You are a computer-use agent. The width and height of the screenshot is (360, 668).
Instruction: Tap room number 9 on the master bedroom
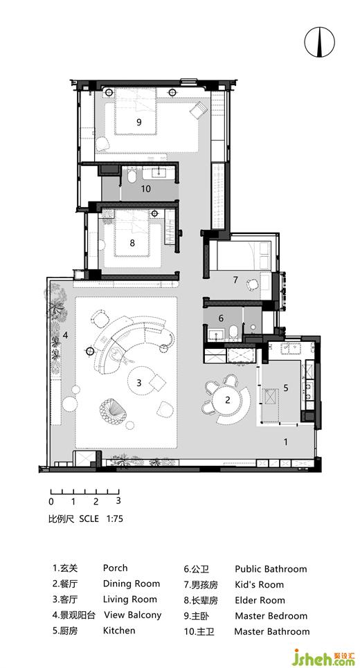point(139,123)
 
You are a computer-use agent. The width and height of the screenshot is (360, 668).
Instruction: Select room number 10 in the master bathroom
point(145,188)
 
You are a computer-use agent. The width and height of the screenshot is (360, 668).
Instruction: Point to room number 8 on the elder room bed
point(132,243)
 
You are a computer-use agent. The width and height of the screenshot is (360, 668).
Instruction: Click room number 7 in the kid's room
point(235,280)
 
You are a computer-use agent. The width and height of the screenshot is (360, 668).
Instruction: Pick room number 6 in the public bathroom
point(221,318)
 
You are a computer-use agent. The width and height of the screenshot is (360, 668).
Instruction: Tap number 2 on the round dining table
point(228,399)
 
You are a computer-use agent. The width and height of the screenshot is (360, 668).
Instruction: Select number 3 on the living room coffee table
point(139,383)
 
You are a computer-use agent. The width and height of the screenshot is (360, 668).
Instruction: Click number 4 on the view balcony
point(65,335)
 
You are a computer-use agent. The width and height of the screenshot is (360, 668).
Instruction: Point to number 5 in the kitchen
point(286,388)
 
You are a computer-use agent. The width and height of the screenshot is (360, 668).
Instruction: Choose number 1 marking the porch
point(286,442)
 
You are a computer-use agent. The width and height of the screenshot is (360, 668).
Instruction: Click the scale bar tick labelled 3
point(118,500)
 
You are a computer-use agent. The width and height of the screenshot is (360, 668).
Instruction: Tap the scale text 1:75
point(115,518)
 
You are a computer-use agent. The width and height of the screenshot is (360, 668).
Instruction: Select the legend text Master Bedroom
point(271,615)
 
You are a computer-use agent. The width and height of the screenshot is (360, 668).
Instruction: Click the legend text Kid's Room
point(259,584)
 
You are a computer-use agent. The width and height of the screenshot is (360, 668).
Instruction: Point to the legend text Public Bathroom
point(271,569)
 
